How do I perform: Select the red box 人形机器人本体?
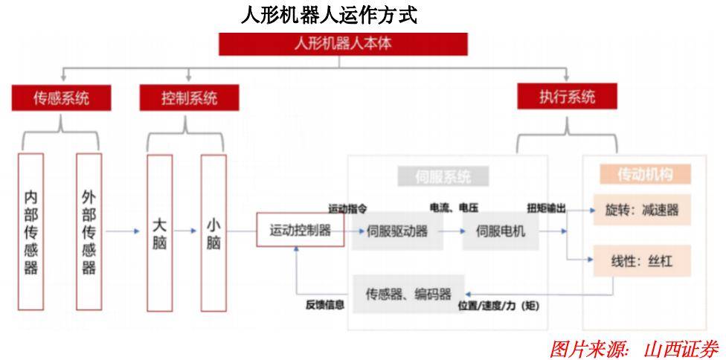point(343,44)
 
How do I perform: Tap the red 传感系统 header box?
point(61,97)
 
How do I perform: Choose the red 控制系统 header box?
point(189,97)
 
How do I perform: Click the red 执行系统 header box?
point(567,97)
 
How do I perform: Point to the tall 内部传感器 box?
point(30,231)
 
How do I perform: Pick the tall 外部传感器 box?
point(89,231)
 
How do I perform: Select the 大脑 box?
point(160,231)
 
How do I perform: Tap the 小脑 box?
point(213,231)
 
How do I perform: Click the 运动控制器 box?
point(300,231)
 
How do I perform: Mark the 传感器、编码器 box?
point(408,292)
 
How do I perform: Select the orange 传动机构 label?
point(645,174)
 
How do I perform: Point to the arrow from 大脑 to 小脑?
point(187,231)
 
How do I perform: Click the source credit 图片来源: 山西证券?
point(635,347)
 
